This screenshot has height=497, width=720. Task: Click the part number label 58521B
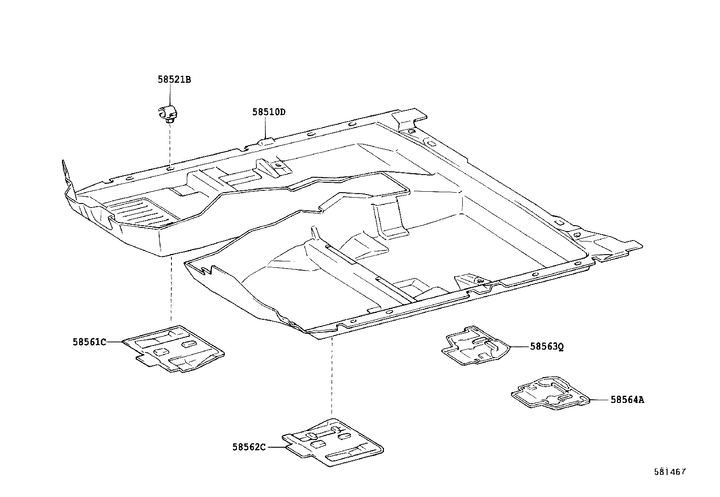(x=174, y=80)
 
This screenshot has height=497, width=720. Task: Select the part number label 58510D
(x=269, y=112)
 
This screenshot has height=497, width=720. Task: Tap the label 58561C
(x=89, y=342)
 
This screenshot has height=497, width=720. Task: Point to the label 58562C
(x=249, y=447)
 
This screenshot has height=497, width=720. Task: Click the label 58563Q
(x=547, y=347)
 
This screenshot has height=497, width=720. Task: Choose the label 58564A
(x=627, y=400)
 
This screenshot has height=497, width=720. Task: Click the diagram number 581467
(x=670, y=472)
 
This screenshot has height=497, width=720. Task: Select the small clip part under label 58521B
(x=168, y=114)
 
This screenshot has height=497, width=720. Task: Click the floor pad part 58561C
(x=174, y=348)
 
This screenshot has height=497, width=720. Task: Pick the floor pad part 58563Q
(x=475, y=344)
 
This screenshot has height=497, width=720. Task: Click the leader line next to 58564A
(x=600, y=400)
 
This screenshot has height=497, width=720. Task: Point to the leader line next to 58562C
(x=276, y=447)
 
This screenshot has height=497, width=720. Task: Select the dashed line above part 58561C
(x=171, y=289)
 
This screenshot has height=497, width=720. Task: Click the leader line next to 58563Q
(x=519, y=347)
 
